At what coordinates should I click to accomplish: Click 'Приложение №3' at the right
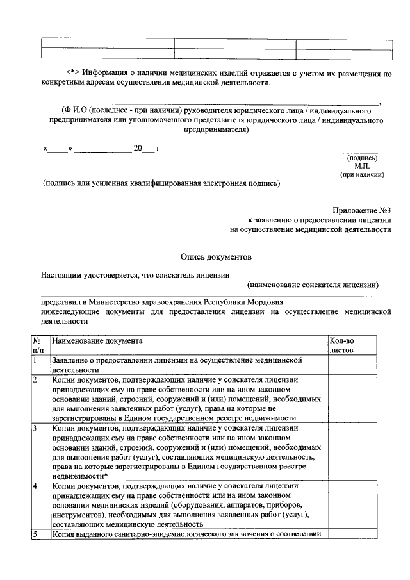pyautogui.click(x=361, y=210)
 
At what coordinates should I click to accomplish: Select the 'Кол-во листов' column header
pyautogui.click(x=341, y=345)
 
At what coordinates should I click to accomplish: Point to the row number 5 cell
pyautogui.click(x=37, y=534)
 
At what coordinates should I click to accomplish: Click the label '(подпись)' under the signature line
pyautogui.click(x=362, y=157)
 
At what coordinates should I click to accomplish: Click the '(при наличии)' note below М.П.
pyautogui.click(x=362, y=174)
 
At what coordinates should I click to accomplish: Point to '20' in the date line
pyautogui.click(x=137, y=149)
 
